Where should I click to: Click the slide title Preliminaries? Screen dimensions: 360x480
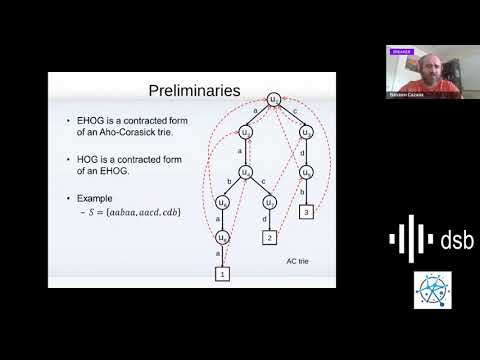coord(190,91)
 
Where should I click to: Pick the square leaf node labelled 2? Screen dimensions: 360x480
coord(268,238)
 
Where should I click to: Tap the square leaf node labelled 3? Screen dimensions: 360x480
coord(306,211)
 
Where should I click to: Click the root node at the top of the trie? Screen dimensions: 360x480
coord(274,99)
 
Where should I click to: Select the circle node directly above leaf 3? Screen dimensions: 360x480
coord(306,171)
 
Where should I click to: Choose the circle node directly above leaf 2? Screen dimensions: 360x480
coord(269,201)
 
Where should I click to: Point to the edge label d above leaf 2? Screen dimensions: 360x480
coord(263,220)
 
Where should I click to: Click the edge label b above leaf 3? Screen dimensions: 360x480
coord(301,193)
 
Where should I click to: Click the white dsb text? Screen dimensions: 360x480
coord(457,239)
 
